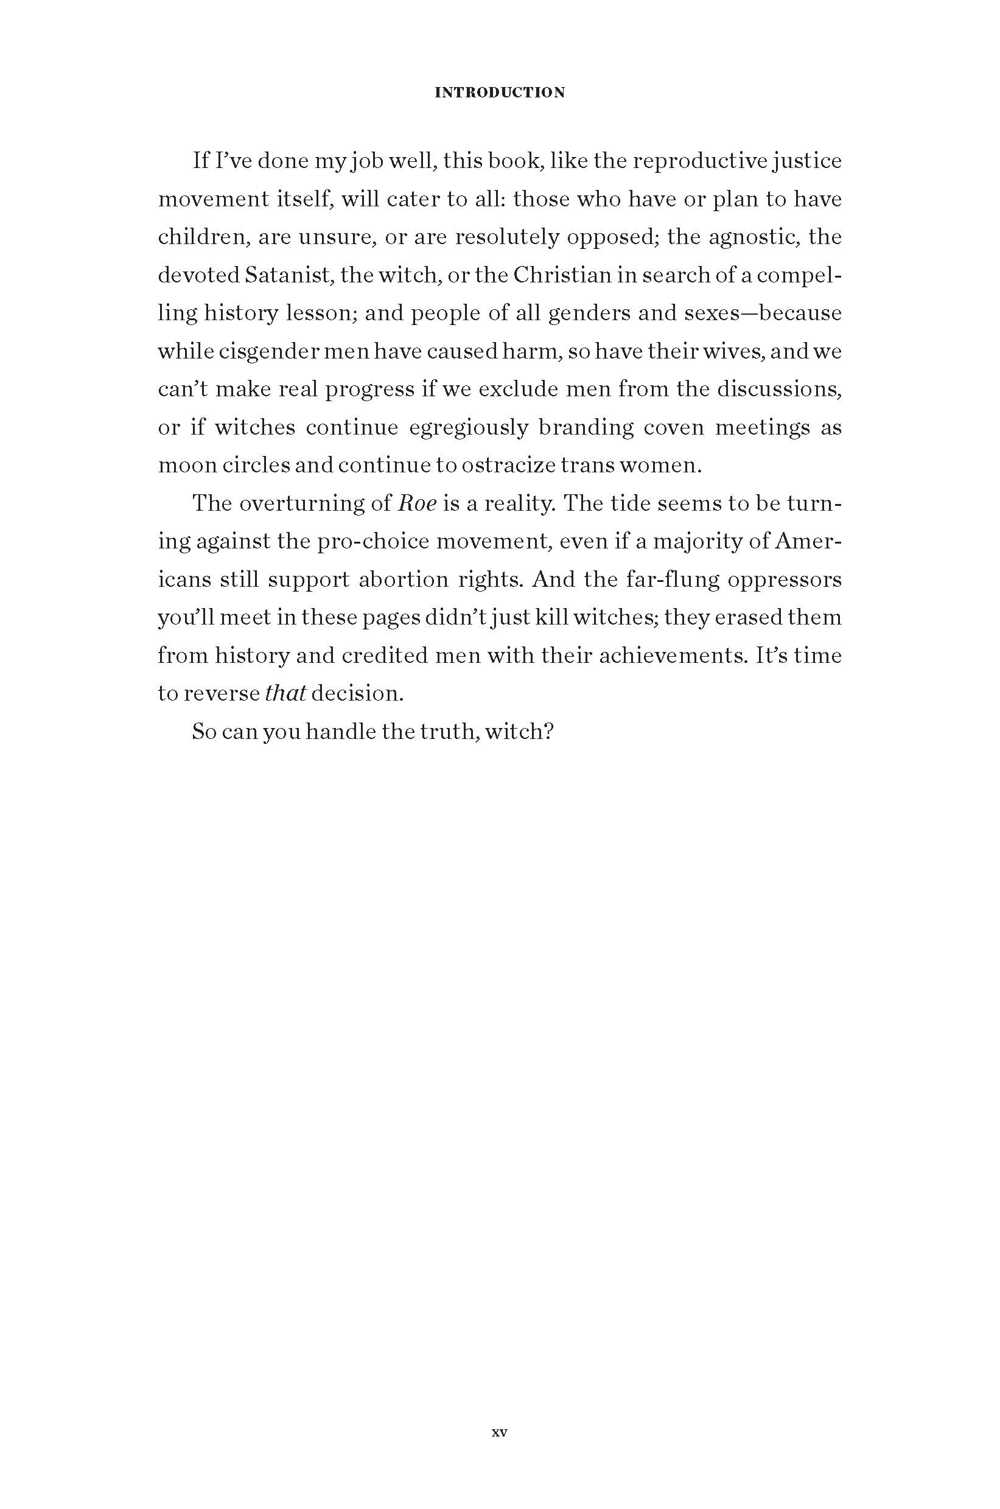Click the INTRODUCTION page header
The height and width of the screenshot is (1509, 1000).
(499, 93)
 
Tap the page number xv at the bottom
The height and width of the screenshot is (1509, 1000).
(499, 1432)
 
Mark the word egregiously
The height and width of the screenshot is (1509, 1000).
(469, 427)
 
